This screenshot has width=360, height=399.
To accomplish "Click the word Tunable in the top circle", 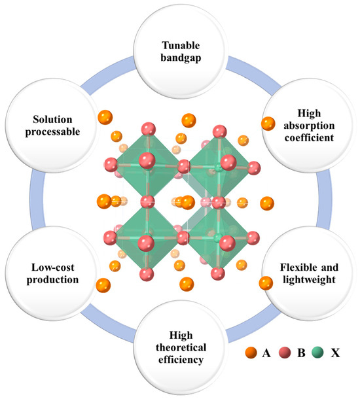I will pyautogui.click(x=180, y=46).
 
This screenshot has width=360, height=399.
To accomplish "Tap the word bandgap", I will pyautogui.click(x=180, y=60).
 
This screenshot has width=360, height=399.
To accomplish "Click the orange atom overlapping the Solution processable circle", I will pyautogui.click(x=104, y=118).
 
